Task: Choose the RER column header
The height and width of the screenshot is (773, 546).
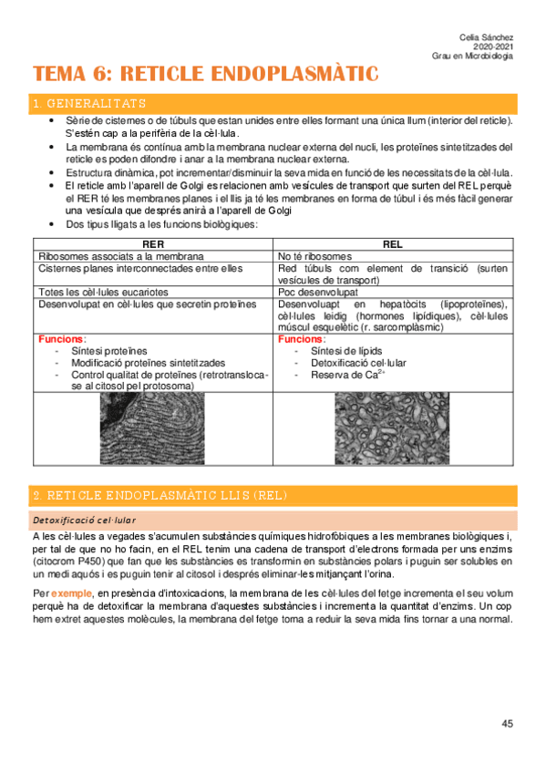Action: (x=153, y=245)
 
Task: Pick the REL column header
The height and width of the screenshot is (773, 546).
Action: (x=395, y=245)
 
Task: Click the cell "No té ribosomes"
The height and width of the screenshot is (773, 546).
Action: (x=315, y=256)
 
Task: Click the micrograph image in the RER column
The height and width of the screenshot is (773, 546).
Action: (x=152, y=428)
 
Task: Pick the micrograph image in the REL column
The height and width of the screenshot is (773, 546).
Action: (x=394, y=428)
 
